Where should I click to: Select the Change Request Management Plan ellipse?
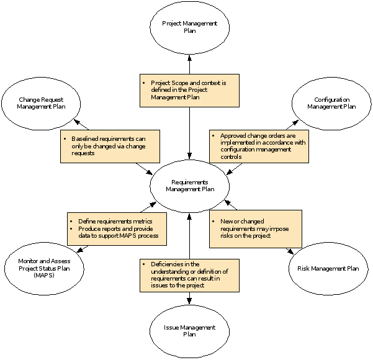pos(41,103)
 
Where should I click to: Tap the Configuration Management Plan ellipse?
pos(331,103)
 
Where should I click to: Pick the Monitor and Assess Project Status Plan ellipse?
pos(41,268)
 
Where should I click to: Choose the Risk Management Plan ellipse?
pos(328,269)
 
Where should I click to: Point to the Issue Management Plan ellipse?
pos(189,330)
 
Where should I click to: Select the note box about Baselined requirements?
pos(110,146)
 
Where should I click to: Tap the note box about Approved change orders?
pos(259,146)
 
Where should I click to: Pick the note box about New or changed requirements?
pos(255,228)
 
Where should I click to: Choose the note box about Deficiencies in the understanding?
pos(189,275)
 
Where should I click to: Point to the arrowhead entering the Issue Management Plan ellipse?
pos(189,301)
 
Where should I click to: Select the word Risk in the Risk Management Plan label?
pos(305,269)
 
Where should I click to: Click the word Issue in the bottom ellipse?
pos(173,327)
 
